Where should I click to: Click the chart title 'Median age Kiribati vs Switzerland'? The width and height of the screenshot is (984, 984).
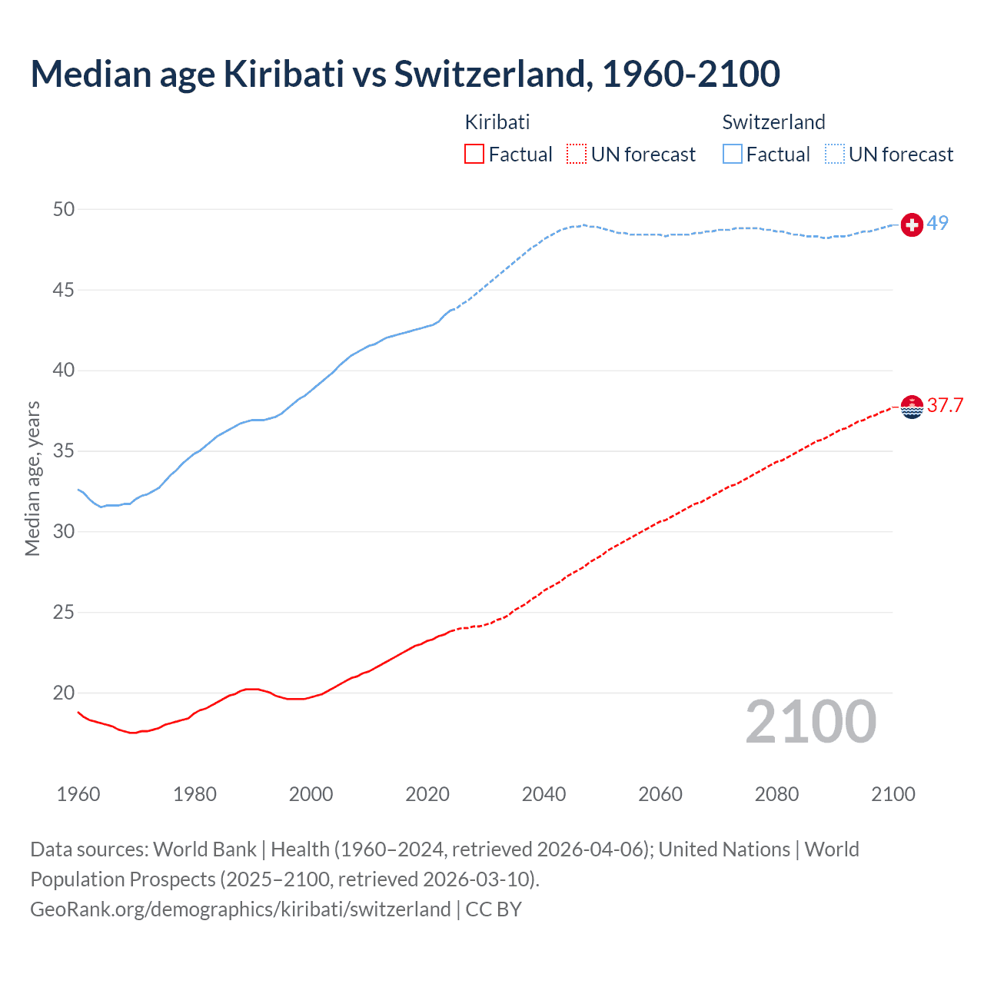coord(405,74)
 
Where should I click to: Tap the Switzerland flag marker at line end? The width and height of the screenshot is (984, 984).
coord(912,224)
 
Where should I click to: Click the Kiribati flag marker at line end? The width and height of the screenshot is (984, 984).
coord(912,407)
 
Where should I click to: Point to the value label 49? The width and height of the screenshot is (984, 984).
coord(937,223)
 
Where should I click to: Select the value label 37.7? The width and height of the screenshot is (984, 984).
coord(945,405)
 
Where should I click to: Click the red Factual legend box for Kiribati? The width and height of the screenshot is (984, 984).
coord(474,155)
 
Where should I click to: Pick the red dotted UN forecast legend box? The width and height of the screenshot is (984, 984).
coord(576,155)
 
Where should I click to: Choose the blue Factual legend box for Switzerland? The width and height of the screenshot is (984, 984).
coord(732,155)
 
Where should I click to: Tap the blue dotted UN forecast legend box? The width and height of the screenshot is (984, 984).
coord(834,155)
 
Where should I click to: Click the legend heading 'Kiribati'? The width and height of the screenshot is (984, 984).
coord(497,122)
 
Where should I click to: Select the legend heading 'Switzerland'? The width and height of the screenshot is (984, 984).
coord(773,122)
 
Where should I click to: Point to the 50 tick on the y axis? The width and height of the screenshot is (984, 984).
coord(64,209)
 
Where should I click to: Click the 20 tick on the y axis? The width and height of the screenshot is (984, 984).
coord(64,693)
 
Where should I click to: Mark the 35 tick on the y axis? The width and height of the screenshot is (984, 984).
coord(64,450)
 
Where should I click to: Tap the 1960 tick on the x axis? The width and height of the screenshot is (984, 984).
coord(78,794)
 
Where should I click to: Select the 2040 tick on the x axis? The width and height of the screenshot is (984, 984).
coord(544,794)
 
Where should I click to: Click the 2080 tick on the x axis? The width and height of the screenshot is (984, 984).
coord(776,794)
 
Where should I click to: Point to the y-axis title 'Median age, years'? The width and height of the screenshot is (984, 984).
coord(32,478)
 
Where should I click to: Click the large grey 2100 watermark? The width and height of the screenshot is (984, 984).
coord(810,722)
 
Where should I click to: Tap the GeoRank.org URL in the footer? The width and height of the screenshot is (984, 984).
coord(240,909)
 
